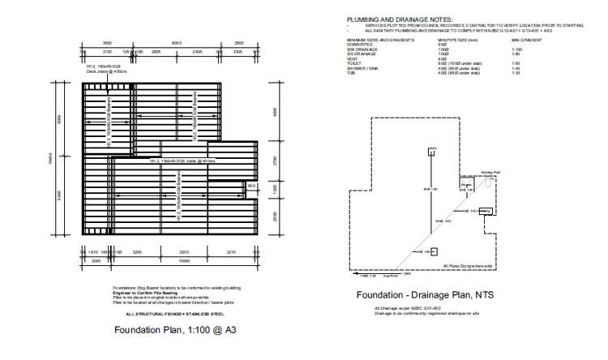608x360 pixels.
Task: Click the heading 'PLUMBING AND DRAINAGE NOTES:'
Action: pos(400,19)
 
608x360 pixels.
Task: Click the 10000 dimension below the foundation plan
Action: pos(184,261)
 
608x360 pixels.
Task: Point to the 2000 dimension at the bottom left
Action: pos(96,261)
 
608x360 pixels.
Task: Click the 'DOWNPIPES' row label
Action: pos(359,44)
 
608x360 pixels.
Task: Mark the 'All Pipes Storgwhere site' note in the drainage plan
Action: pos(469,265)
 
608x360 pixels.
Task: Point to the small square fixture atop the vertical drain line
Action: pos(433,148)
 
